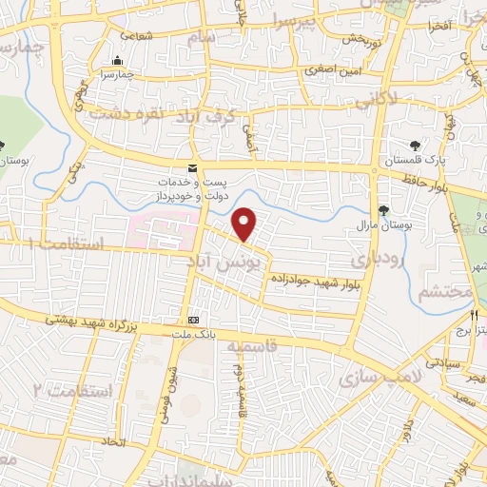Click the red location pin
tap(245, 224)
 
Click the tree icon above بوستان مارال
tap(383, 209)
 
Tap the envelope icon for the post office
tap(193, 168)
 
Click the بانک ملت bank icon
tap(193, 320)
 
